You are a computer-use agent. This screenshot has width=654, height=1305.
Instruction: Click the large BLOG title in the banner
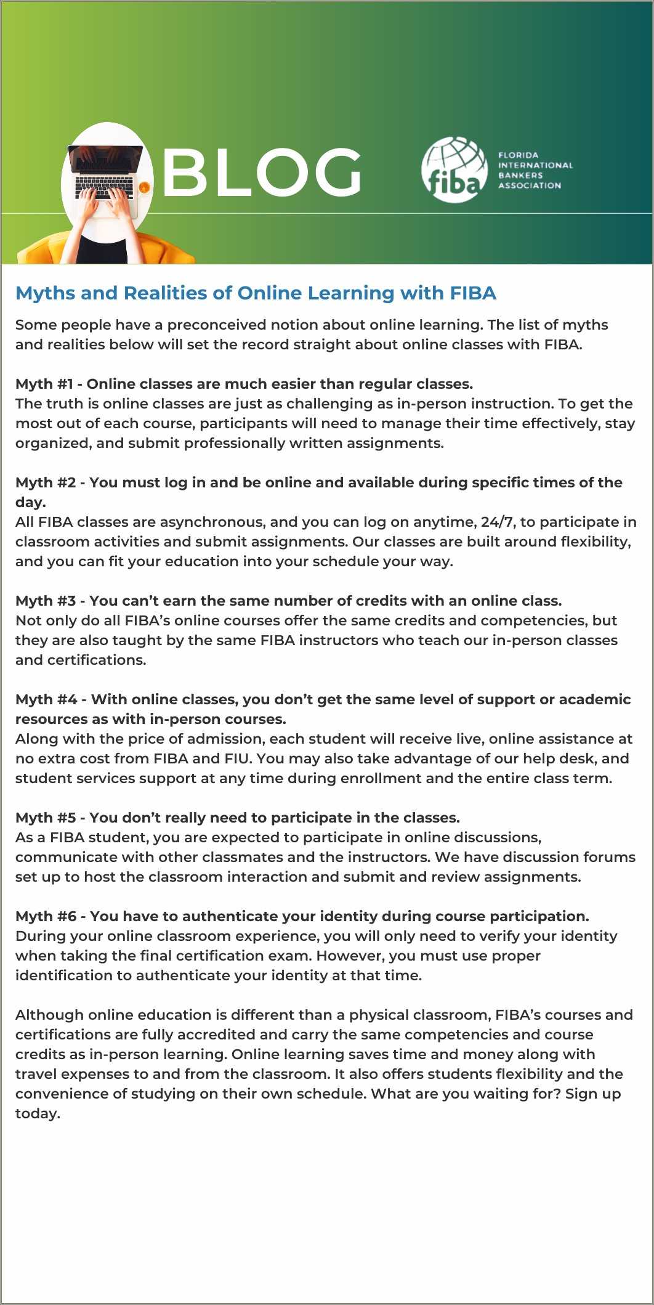(x=262, y=173)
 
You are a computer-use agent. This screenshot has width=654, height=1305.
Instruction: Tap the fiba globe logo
(x=454, y=170)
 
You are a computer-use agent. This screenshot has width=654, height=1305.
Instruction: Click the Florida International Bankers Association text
(x=535, y=170)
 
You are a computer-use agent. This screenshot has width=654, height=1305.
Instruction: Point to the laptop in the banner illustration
(x=105, y=173)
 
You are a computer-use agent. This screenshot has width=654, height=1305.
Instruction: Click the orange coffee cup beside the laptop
(x=144, y=187)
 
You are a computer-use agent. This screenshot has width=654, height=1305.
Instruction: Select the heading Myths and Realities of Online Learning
(x=256, y=293)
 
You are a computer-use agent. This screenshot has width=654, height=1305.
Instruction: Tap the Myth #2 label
(x=45, y=482)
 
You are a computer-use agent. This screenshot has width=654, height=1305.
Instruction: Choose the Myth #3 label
(x=45, y=601)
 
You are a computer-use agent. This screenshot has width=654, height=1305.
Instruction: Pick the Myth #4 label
(x=46, y=699)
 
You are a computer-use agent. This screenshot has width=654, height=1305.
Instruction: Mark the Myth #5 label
(x=45, y=818)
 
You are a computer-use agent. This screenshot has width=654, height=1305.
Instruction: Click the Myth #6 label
(x=46, y=916)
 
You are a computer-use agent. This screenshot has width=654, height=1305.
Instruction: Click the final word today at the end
(x=37, y=1113)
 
